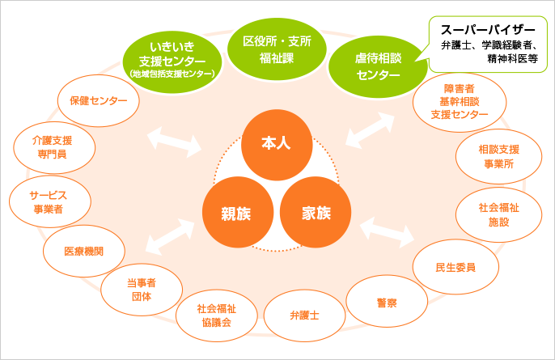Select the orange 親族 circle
tap(235, 214)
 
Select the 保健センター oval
tap(99, 101)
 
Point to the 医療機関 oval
tap(83, 250)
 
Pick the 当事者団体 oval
tap(141, 290)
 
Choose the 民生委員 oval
tap(455, 266)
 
